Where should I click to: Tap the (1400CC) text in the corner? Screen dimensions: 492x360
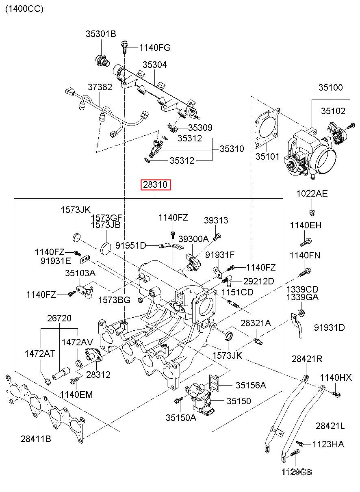point(24,9)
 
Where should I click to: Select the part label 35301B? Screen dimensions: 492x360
point(100,34)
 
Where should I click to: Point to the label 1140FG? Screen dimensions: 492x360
point(155,48)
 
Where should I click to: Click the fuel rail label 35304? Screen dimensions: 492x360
point(154,65)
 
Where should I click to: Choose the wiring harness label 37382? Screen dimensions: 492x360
point(100,87)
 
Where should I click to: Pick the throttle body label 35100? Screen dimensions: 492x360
point(330,87)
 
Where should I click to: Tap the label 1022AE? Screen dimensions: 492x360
point(312,193)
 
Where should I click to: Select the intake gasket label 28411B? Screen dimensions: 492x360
point(36,439)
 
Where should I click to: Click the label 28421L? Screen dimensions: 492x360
point(330,426)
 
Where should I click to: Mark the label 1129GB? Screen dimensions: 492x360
point(297,472)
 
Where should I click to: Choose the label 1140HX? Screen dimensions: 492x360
point(336,378)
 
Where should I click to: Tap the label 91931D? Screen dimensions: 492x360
point(329,327)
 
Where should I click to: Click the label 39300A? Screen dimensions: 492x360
point(193,239)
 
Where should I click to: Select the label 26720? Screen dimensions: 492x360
point(59,318)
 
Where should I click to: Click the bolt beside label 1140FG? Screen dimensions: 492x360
point(124,48)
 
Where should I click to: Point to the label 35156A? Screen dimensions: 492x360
point(251,385)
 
